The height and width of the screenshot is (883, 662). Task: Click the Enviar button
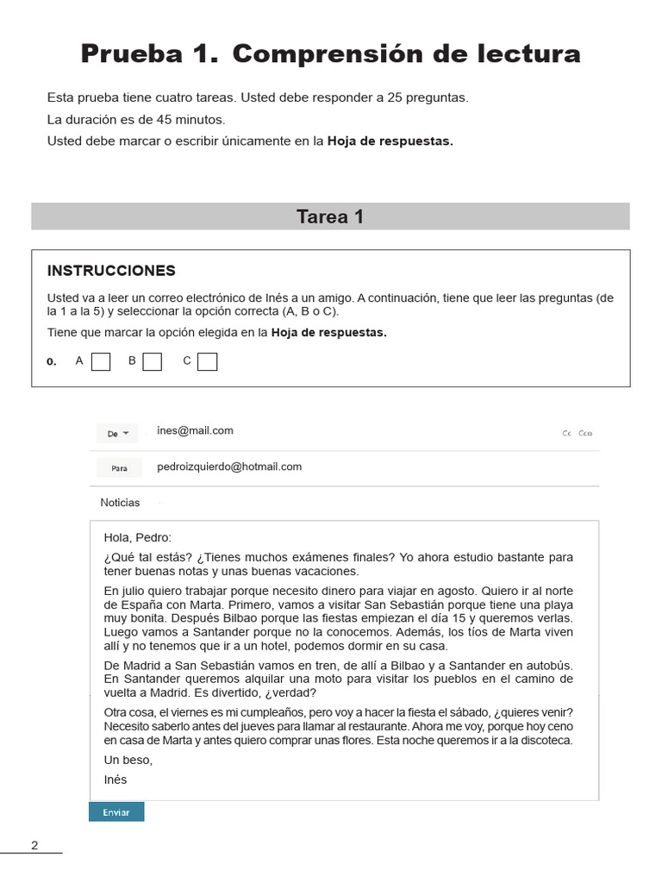116,812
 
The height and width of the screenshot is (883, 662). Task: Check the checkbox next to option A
101,362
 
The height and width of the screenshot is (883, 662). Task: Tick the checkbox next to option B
153,362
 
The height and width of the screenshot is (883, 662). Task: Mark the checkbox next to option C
207,362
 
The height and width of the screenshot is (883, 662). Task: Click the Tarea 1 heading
330,216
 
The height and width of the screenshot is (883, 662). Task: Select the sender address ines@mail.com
195,430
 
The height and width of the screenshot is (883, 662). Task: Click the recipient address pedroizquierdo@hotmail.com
229,467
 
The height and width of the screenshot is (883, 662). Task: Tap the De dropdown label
117,434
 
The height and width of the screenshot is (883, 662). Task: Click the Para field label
119,469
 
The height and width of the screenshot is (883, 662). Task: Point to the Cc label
567,434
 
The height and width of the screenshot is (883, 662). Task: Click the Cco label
585,434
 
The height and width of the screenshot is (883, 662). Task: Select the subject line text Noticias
120,503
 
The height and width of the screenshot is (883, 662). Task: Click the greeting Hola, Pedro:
138,537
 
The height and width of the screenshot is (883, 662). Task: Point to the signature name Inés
115,780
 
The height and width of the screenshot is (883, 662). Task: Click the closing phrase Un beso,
128,760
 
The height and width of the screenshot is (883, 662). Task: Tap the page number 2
34,845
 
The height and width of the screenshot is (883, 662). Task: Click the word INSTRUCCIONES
111,271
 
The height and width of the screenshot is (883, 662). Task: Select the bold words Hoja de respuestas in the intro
390,141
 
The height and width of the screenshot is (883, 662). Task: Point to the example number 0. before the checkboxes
52,362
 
